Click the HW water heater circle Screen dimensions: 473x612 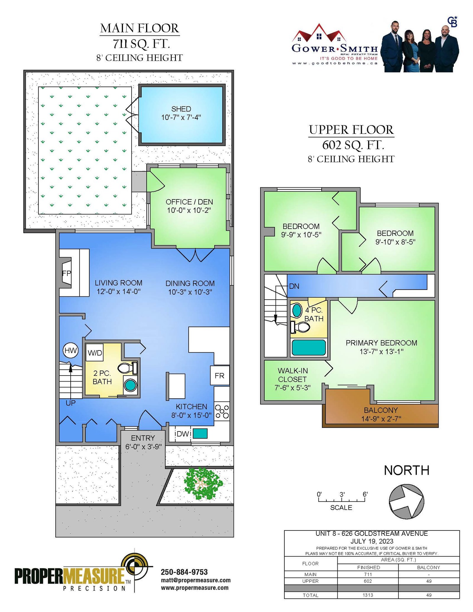[x=71, y=351]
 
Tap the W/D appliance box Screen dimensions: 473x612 [x=95, y=352]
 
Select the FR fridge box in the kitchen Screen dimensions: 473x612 [x=220, y=376]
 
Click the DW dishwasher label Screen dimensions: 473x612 [x=183, y=434]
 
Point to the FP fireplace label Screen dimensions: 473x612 [x=67, y=273]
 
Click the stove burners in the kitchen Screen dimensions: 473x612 [x=222, y=412]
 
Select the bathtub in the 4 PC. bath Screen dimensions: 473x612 [x=309, y=348]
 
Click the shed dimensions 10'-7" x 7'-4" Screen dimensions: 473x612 [x=181, y=117]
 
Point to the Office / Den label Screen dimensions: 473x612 [x=189, y=202]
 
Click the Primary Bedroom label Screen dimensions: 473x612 [x=381, y=343]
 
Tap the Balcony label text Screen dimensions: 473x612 [x=381, y=410]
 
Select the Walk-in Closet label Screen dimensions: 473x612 [x=293, y=375]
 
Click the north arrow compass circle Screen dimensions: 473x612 [x=406, y=501]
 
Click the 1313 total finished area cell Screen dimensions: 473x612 [x=368, y=595]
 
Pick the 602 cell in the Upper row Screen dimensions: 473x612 [x=368, y=581]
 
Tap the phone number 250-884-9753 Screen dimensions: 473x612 [x=184, y=572]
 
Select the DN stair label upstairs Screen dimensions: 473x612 [x=294, y=286]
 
